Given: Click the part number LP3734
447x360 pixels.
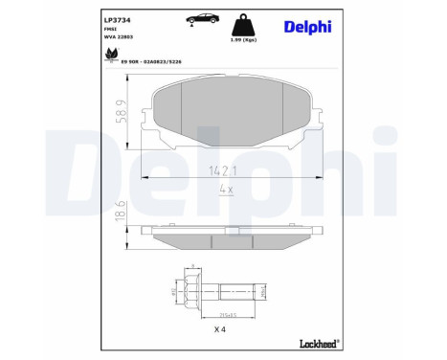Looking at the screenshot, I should coord(118,19).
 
